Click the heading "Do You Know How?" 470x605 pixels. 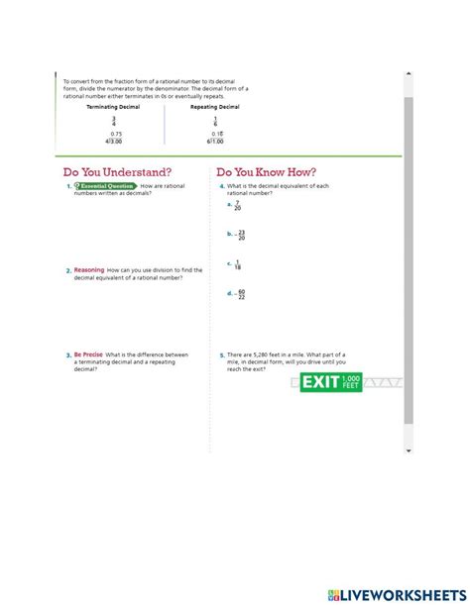267,171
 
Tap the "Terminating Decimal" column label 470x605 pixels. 114,106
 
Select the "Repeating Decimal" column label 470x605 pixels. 215,106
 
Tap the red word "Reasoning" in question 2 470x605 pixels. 89,269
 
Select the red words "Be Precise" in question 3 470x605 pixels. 88,354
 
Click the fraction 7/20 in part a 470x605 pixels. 238,205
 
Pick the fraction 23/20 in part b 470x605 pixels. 241,235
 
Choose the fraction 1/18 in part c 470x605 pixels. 238,264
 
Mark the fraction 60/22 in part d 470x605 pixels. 241,294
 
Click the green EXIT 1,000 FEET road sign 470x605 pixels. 331,382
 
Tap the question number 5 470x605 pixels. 222,354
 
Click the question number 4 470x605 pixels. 222,186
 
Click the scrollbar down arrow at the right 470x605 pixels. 408,451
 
